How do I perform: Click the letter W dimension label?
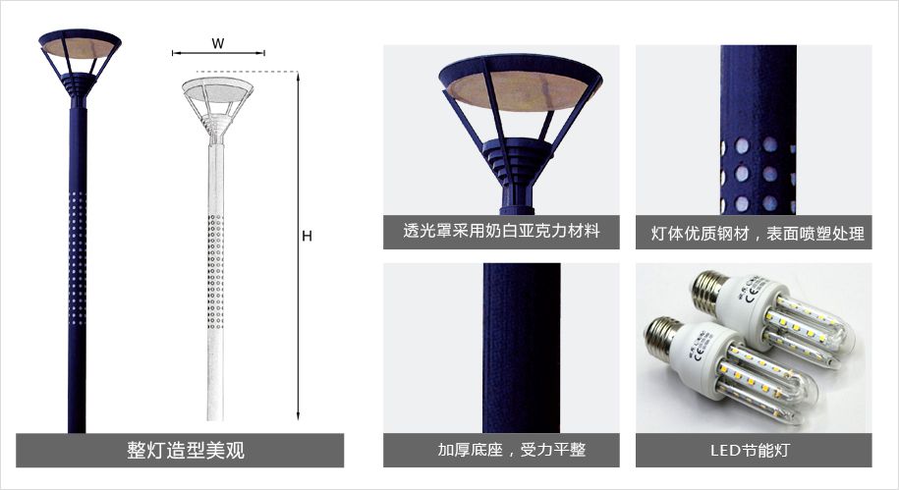[218, 43]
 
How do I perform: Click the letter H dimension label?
[307, 236]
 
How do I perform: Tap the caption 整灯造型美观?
[186, 450]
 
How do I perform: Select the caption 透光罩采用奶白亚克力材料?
[501, 231]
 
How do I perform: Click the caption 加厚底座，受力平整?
[512, 450]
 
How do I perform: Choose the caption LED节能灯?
[750, 451]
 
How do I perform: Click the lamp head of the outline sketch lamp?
[217, 107]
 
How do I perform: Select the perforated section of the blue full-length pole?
[78, 258]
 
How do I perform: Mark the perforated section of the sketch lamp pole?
[215, 272]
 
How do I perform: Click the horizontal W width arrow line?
[218, 53]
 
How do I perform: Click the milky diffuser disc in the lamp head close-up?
[521, 91]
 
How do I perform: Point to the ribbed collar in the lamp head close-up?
[517, 160]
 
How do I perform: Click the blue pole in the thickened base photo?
[521, 348]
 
